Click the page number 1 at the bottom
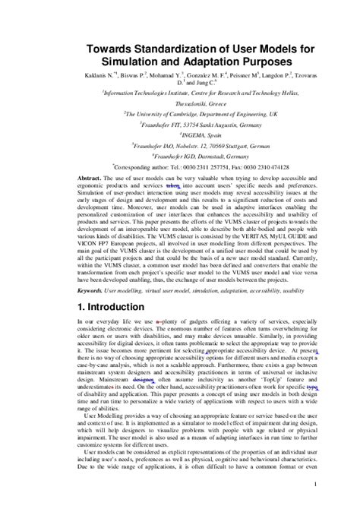click(314, 483)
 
